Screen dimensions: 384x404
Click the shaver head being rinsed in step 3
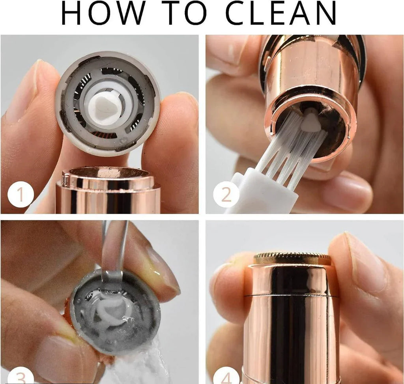click(x=114, y=311)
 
